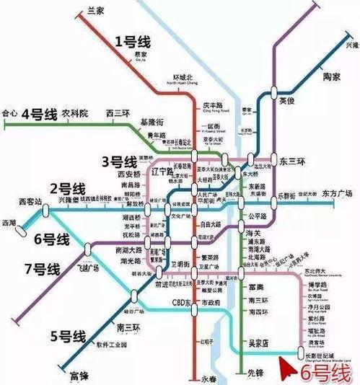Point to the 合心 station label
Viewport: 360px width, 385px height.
pyautogui.click(x=9, y=113)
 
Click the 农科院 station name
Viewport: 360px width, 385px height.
pyautogui.click(x=74, y=113)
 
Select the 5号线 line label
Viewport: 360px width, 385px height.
pyautogui.click(x=69, y=335)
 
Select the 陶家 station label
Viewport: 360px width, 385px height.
pyautogui.click(x=331, y=76)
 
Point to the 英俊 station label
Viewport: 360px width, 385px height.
pyautogui.click(x=288, y=102)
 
